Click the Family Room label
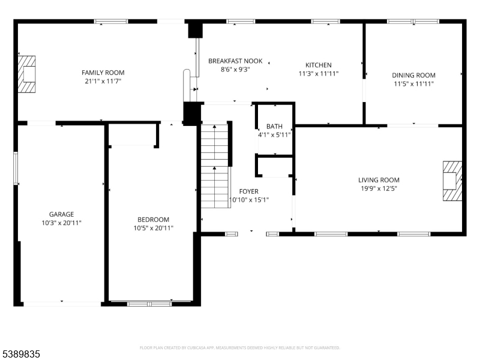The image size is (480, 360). click(103, 73)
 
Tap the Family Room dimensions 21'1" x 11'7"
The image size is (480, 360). click(103, 81)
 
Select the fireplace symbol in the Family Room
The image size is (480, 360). click(27, 74)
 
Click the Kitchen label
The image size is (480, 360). click(318, 65)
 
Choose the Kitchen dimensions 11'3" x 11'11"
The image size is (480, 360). click(319, 74)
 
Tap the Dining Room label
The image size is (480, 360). click(413, 75)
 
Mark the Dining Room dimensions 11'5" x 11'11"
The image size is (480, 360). click(413, 83)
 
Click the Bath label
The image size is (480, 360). click(274, 127)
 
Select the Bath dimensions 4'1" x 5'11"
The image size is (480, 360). click(274, 135)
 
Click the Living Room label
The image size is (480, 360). click(379, 180)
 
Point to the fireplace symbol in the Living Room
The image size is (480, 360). click(452, 181)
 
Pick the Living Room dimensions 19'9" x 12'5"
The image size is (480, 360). click(379, 188)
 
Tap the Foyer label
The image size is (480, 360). click(248, 191)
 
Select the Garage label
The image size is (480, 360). click(61, 214)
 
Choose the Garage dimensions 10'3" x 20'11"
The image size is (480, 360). click(61, 223)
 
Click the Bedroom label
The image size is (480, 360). click(153, 220)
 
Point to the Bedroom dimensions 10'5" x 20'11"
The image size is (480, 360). click(153, 228)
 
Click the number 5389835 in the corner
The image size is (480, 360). click(21, 355)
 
